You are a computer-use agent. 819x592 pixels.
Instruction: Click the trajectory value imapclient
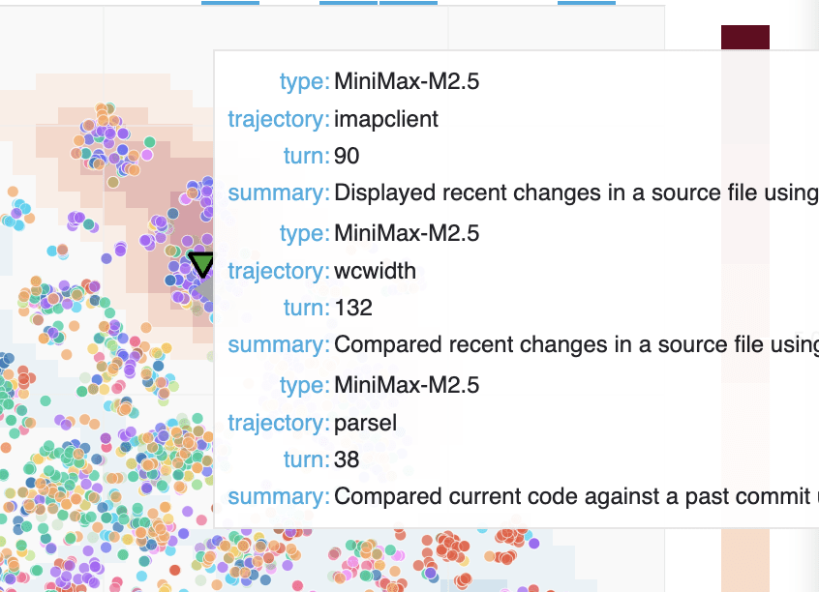(x=386, y=119)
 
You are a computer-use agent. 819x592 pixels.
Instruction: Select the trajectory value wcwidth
(x=375, y=271)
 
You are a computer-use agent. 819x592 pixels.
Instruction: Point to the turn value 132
(x=352, y=309)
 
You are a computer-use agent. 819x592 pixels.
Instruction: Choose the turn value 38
(x=347, y=460)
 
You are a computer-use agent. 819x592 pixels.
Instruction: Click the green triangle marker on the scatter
(x=201, y=264)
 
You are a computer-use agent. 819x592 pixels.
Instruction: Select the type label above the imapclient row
(x=304, y=81)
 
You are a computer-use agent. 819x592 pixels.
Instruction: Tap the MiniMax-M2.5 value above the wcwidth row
(x=406, y=233)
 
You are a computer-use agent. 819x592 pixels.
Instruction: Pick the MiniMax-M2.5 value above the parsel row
(x=406, y=385)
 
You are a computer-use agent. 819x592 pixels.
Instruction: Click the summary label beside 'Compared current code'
(x=278, y=497)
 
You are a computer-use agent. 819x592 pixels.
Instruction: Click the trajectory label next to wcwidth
(x=278, y=271)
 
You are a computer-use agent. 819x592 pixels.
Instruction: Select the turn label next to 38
(x=307, y=460)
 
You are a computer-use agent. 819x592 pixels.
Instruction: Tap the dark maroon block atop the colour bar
(x=744, y=37)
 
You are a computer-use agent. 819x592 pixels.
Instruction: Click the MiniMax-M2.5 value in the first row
(x=406, y=81)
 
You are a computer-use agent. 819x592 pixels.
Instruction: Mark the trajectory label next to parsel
(x=278, y=423)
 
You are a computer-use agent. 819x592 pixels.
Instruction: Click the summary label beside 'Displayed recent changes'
(x=278, y=193)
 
